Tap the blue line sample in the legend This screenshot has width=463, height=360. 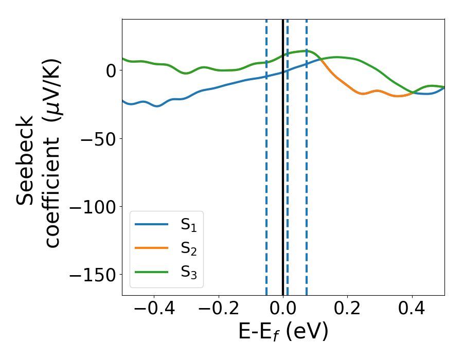pyautogui.click(x=152, y=224)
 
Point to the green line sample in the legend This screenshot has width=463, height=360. pyautogui.click(x=152, y=272)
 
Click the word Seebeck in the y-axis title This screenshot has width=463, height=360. pyautogui.click(x=26, y=160)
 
